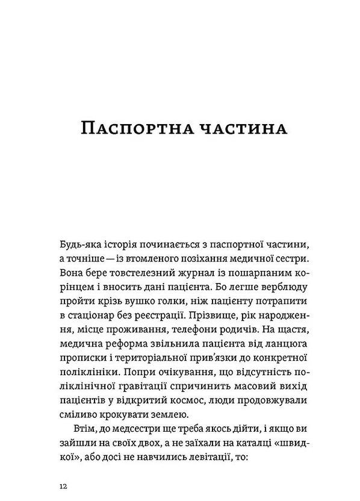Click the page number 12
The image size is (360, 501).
point(63,485)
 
